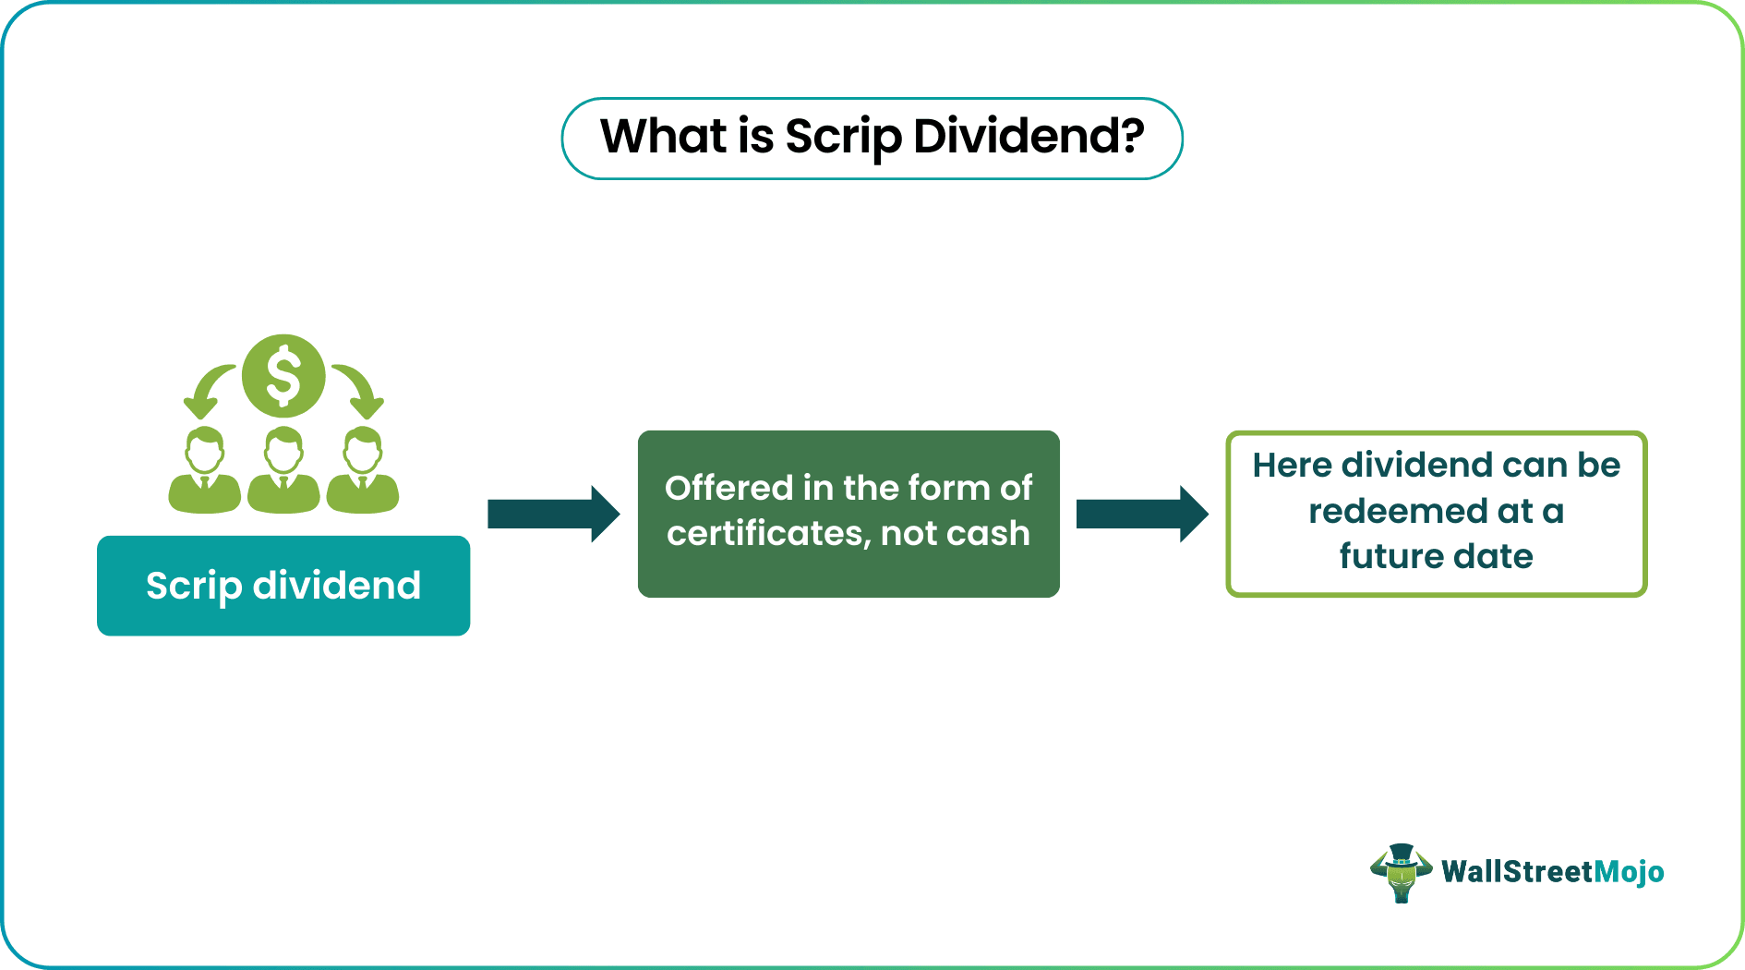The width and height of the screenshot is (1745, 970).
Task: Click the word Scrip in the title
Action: click(843, 137)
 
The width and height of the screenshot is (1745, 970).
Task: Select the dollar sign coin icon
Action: click(283, 376)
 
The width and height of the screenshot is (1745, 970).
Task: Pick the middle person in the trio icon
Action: click(283, 471)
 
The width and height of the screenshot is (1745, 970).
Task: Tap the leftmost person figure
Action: click(204, 471)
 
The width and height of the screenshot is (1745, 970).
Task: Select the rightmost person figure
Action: click(363, 471)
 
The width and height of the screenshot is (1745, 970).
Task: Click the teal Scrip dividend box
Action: click(283, 586)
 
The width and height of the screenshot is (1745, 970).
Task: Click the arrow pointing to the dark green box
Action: click(553, 514)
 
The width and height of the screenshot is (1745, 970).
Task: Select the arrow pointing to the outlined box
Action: click(1142, 514)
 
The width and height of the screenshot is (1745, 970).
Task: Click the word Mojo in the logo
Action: click(1629, 872)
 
